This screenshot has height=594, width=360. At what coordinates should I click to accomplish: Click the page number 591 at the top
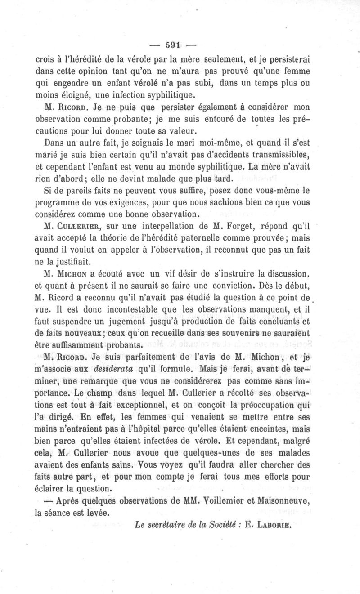coord(173,45)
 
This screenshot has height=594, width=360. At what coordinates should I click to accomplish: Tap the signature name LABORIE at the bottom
coord(274,524)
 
